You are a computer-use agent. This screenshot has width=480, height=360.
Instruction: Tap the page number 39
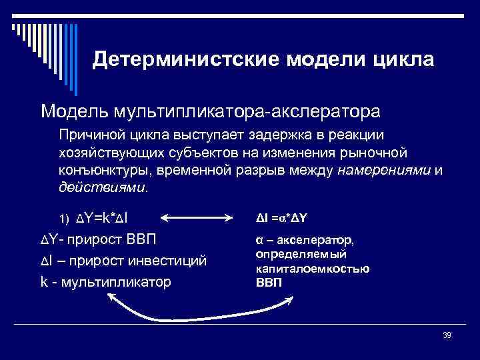(447, 335)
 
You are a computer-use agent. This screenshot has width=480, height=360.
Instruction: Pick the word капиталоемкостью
(313, 269)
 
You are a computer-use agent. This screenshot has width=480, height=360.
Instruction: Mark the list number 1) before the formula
(64, 219)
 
